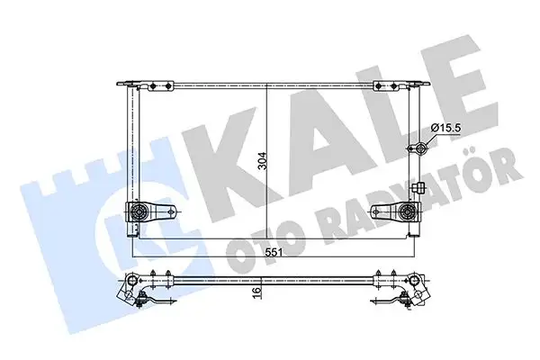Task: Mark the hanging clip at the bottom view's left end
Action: (144, 302)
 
